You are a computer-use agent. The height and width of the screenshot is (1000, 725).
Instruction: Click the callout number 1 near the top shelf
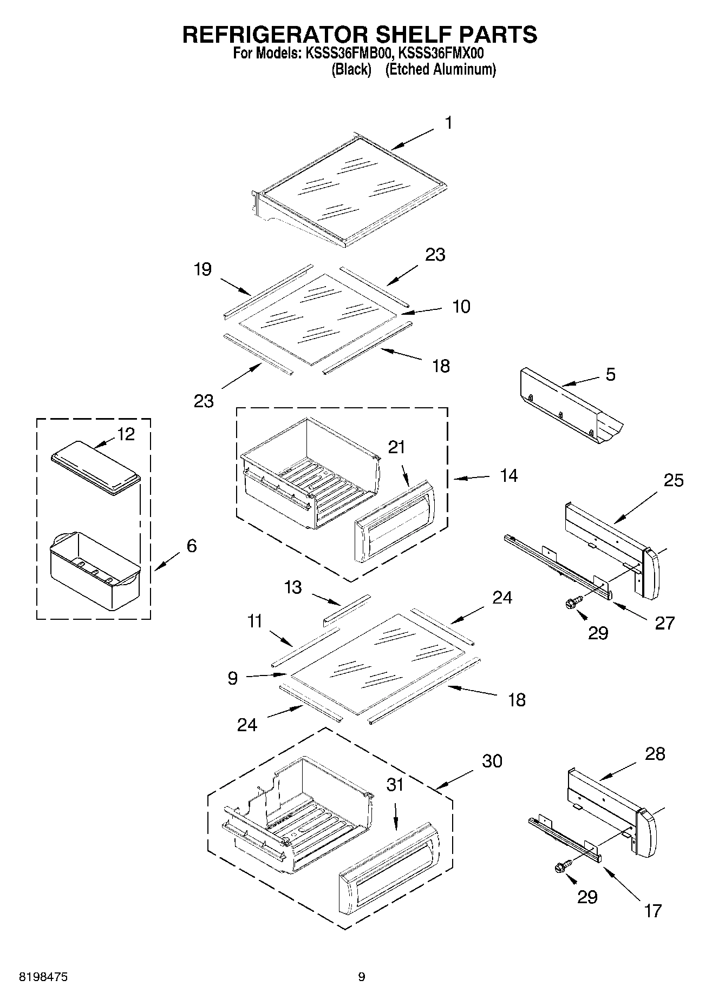[x=448, y=123]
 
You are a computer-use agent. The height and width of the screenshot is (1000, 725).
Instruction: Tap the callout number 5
[x=610, y=374]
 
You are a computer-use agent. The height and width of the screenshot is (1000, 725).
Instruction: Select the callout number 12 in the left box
[x=126, y=434]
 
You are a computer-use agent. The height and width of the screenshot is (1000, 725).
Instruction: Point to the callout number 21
[x=396, y=447]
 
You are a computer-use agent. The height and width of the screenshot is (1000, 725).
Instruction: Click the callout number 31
[x=395, y=785]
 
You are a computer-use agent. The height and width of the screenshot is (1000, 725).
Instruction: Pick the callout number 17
[x=653, y=911]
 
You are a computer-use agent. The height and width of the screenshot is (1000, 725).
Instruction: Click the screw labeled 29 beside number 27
[x=573, y=602]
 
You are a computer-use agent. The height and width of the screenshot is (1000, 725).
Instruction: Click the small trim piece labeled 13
[x=347, y=610]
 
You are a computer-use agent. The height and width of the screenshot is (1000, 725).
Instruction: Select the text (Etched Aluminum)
[x=440, y=70]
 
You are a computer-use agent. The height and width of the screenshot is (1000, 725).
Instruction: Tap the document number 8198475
[x=43, y=977]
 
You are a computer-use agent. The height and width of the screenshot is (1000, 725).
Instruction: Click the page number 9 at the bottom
[x=362, y=977]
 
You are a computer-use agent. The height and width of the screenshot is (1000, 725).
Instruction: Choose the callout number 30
[x=492, y=761]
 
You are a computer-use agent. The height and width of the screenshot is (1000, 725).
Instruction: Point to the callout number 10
[x=461, y=306]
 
